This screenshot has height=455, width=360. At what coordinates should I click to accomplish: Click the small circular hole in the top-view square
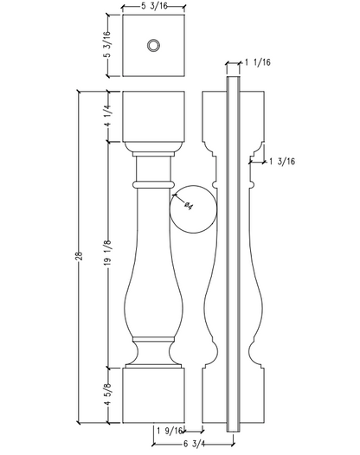(x=153, y=45)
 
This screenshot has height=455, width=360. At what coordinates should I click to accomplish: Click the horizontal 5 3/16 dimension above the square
(x=154, y=6)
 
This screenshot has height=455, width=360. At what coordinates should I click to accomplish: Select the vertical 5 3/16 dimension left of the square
(x=107, y=44)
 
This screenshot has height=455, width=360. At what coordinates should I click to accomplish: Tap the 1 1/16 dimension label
(x=258, y=62)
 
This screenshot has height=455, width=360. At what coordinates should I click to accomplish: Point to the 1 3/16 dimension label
(x=282, y=162)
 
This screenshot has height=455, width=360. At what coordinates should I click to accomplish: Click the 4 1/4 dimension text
(x=107, y=116)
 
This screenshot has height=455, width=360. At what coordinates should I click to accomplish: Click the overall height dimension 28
(x=80, y=256)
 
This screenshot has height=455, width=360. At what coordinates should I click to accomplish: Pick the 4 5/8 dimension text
(x=107, y=394)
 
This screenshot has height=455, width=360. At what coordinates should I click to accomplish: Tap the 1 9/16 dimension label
(x=170, y=431)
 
